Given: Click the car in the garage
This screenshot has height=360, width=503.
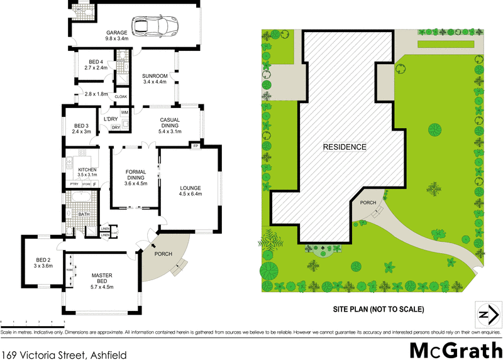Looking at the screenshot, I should pos(159,26).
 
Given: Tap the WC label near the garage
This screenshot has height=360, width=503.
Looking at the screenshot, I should pos(80,10).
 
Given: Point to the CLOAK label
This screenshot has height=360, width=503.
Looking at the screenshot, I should pos(121,97).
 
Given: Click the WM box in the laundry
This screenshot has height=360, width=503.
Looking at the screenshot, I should pos(124,112).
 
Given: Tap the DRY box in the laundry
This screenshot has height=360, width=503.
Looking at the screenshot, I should pos(116,128).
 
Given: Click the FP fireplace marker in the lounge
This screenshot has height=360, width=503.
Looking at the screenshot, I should pos(196,146).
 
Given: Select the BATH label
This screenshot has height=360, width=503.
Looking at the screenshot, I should pos(84,214).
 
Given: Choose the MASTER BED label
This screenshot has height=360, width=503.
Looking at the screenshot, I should pos(101,279).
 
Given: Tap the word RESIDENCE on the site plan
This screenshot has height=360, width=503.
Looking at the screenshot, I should pos(344,147).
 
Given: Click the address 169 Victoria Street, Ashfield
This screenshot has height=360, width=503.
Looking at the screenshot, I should pos(64,354).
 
